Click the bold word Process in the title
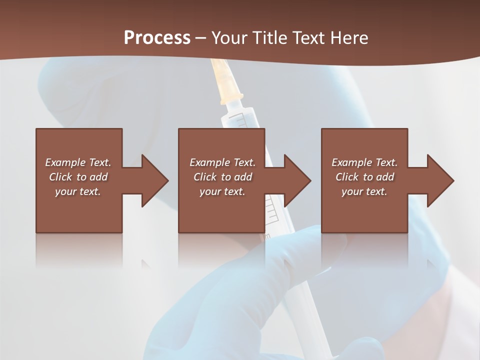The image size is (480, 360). pyautogui.click(x=157, y=38)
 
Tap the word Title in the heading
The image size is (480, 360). pyautogui.click(x=271, y=38)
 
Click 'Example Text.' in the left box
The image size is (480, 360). pyautogui.click(x=78, y=162)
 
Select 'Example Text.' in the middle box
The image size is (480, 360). pyautogui.click(x=222, y=162)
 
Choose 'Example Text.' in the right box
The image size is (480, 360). pyautogui.click(x=364, y=162)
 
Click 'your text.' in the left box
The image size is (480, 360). pyautogui.click(x=78, y=191)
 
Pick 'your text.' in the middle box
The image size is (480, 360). pyautogui.click(x=222, y=191)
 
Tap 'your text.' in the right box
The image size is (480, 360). pyautogui.click(x=364, y=191)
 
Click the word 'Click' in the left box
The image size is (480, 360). pyautogui.click(x=60, y=177)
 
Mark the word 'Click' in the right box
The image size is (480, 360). pyautogui.click(x=347, y=177)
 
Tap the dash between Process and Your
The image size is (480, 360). pyautogui.click(x=201, y=38)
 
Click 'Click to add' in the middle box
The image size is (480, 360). pyautogui.click(x=222, y=177)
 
